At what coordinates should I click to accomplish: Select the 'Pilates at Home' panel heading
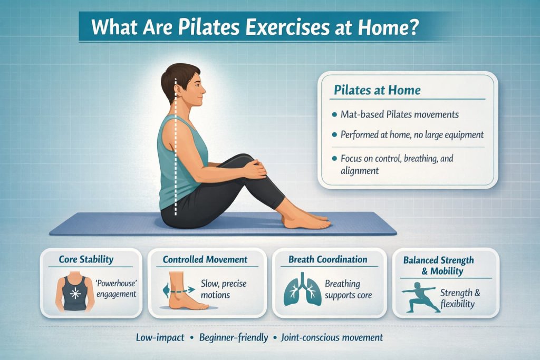pos(377,90)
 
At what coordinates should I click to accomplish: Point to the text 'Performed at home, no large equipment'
pos(412,135)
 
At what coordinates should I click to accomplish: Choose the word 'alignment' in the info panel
pos(360,170)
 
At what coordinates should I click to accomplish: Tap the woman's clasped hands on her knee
pos(254,169)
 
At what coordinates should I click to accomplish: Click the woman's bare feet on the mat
pos(306,220)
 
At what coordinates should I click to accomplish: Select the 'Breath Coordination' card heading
pos(327,259)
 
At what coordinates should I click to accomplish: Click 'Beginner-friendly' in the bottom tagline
pos(234,337)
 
